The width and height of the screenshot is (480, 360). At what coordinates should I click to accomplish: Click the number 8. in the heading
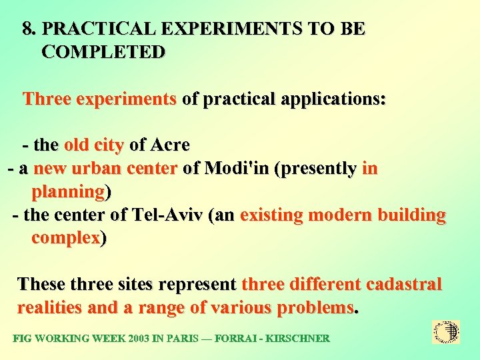30,29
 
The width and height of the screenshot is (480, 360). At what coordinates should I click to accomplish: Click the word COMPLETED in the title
103,52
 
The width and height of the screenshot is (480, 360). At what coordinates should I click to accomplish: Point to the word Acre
171,145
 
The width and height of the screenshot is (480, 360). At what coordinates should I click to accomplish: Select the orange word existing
272,216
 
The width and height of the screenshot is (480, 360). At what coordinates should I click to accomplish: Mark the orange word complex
65,239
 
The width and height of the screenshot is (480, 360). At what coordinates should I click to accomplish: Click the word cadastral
403,285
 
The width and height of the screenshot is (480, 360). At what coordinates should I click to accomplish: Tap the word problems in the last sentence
315,308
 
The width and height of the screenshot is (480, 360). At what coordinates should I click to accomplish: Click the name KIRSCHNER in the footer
297,339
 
